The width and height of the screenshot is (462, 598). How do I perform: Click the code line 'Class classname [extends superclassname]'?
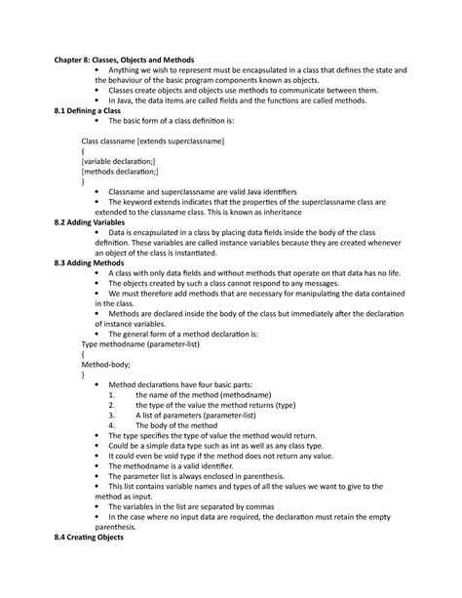[x=153, y=141]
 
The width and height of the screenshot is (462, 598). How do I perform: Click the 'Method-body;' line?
[x=105, y=364]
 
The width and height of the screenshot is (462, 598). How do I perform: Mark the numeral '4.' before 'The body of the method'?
[x=113, y=425]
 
